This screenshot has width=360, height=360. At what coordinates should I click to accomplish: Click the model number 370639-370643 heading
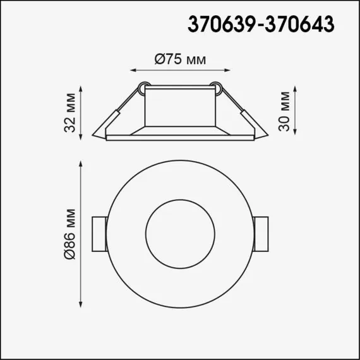[261, 23]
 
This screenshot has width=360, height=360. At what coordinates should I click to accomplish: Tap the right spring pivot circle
[217, 86]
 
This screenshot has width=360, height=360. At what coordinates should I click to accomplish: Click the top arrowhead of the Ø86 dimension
[81, 164]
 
